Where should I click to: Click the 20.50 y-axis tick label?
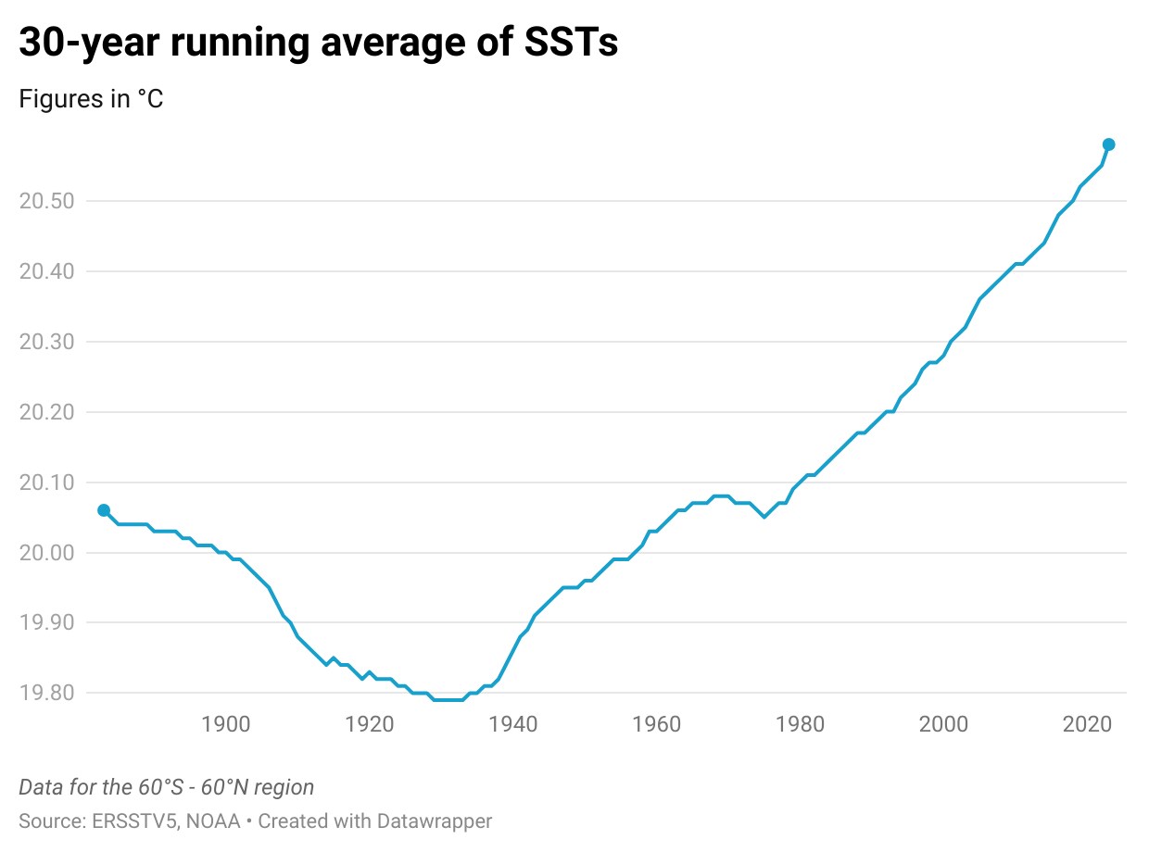47,201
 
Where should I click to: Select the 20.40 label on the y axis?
47,271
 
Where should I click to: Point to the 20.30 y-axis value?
47,342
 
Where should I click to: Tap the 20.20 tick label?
47,412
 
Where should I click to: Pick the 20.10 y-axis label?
47,482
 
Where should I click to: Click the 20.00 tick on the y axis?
47,553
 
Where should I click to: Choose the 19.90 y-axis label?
47,622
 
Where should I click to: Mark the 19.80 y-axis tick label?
47,693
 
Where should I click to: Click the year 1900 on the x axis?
226,724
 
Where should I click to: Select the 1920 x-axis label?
370,724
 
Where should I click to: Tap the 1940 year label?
512,724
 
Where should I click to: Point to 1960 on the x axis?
656,724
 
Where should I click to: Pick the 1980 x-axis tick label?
800,724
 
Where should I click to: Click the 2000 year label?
943,724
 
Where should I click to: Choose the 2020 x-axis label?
1087,724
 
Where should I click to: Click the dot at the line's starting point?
104,510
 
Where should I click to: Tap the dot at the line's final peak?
1108,144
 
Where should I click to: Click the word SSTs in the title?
571,42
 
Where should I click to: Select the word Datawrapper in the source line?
434,821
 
